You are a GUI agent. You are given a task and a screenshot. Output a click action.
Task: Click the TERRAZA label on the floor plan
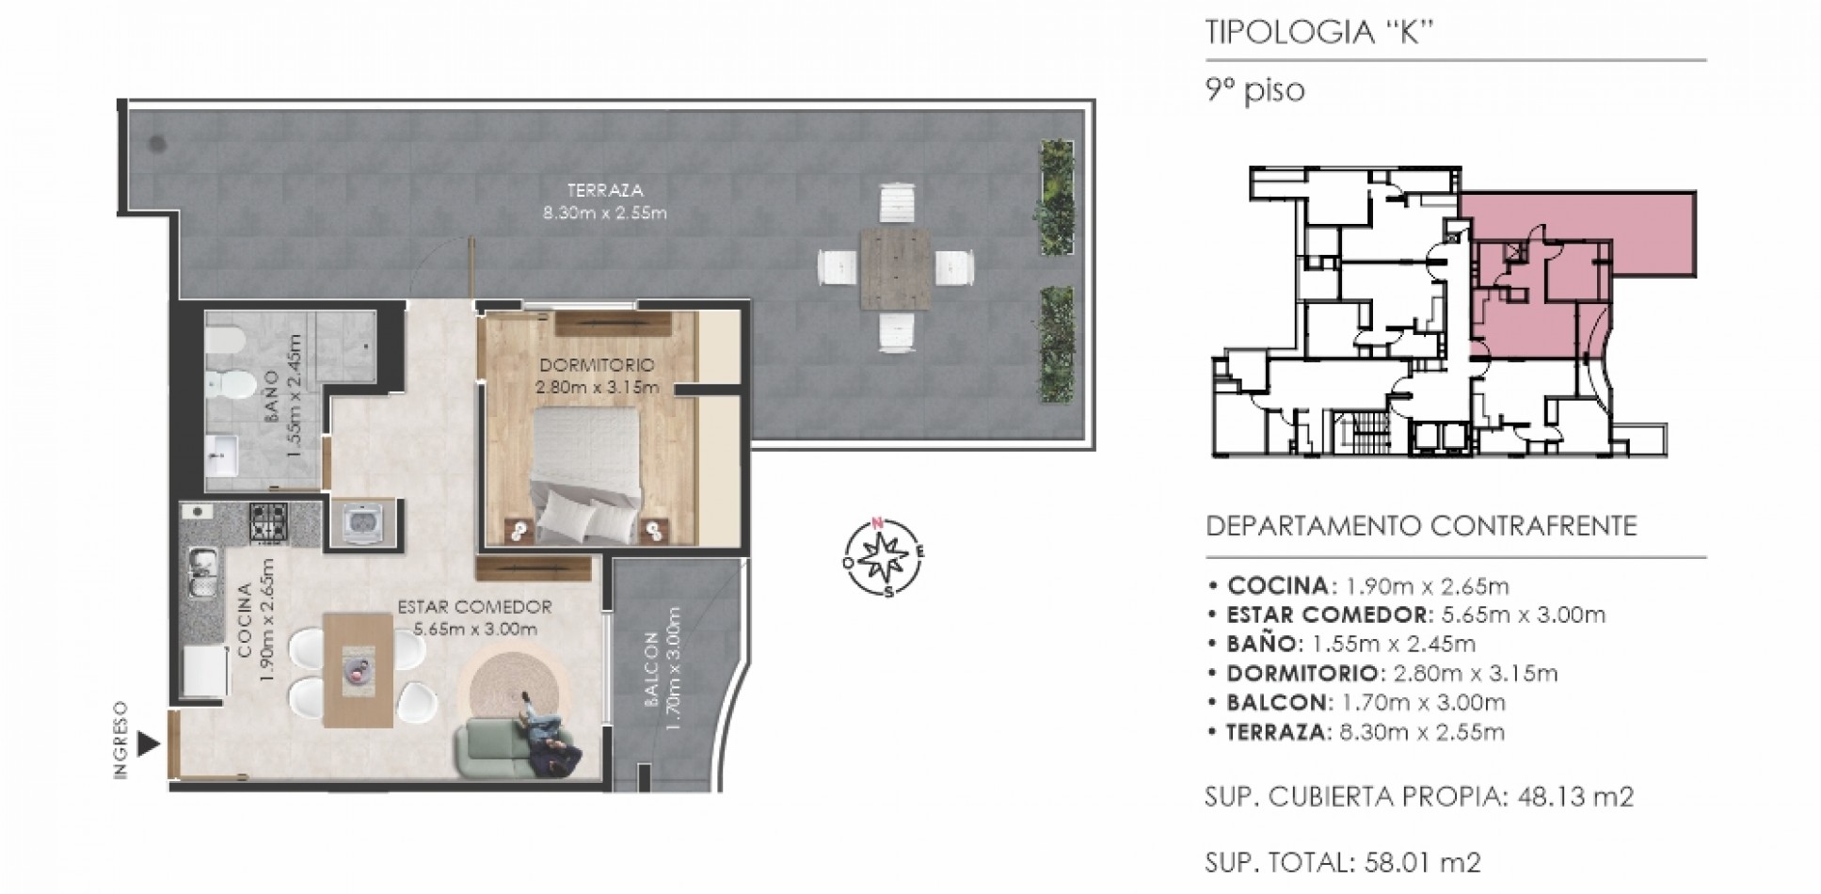pos(605,191)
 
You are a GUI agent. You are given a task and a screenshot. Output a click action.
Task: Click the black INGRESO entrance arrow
pos(148,744)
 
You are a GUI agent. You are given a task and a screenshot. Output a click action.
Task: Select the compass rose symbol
pos(883,556)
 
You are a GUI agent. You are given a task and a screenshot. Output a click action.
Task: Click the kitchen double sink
pos(201,573)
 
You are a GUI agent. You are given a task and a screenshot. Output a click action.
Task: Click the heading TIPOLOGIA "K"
pos(1319,32)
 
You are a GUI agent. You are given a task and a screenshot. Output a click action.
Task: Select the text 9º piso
pos(1255,91)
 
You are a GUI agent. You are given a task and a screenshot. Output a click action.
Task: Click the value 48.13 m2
pos(1576,797)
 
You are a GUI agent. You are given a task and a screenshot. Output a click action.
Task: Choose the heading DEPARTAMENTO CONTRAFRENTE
pos(1421,525)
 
